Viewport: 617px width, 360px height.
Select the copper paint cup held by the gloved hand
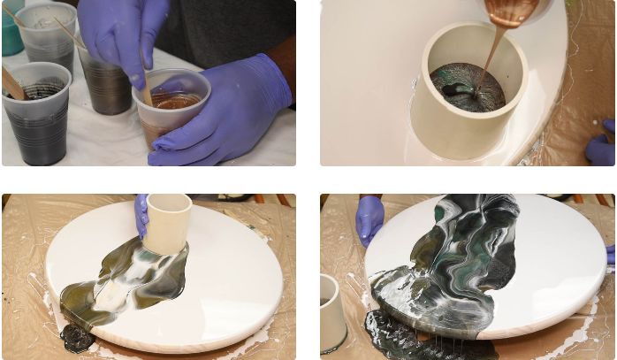[172, 106]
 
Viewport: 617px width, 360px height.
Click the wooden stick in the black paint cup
[12, 84]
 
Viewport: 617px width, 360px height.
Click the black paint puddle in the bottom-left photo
[77, 336]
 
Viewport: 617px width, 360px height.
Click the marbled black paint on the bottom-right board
[460, 257]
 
